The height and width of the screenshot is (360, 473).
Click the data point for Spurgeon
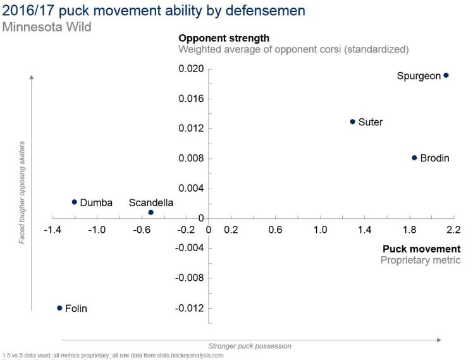pyautogui.click(x=446, y=75)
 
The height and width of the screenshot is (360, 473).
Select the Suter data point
pyautogui.click(x=353, y=121)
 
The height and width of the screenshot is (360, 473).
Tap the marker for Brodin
pyautogui.click(x=414, y=158)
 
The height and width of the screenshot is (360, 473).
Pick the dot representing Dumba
pyautogui.click(x=75, y=202)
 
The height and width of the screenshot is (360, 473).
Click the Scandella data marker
pyautogui.click(x=150, y=213)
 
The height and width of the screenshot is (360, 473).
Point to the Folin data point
pyautogui.click(x=59, y=308)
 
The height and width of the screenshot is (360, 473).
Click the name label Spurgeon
pyautogui.click(x=419, y=76)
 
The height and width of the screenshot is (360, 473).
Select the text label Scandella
pyautogui.click(x=150, y=202)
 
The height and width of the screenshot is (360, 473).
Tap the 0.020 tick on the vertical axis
pyautogui.click(x=192, y=69)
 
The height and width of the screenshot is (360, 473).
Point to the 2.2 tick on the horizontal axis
pyautogui.click(x=453, y=229)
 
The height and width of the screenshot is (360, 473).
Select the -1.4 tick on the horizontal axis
pyautogui.click(x=52, y=229)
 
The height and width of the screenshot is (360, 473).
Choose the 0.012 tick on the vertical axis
pyautogui.click(x=192, y=128)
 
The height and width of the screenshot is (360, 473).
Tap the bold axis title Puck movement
pyautogui.click(x=421, y=249)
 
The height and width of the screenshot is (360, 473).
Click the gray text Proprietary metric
pyautogui.click(x=420, y=260)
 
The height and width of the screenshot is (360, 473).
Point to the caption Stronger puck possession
pyautogui.click(x=250, y=346)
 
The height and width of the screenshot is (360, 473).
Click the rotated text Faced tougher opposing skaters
pyautogui.click(x=21, y=193)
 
